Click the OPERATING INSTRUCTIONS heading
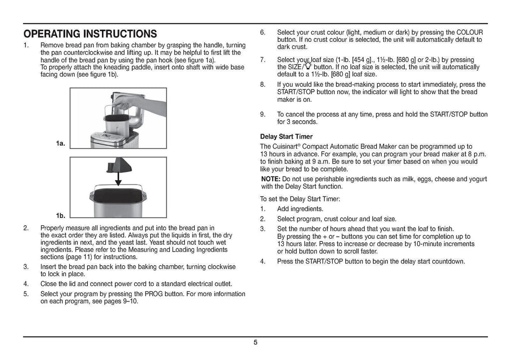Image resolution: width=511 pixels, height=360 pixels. pyautogui.click(x=90, y=34)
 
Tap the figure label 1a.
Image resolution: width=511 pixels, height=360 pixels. pyautogui.click(x=60, y=144)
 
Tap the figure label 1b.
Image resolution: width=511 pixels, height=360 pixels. pyautogui.click(x=60, y=215)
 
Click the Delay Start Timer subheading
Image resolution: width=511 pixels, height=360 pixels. pyautogui.click(x=286, y=137)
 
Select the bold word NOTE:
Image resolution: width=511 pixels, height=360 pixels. pyautogui.click(x=271, y=179)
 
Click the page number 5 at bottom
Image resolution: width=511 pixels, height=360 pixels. pyautogui.click(x=255, y=342)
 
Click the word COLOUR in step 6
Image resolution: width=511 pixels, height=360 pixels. pyautogui.click(x=470, y=32)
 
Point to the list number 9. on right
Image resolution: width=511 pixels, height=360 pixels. pyautogui.click(x=263, y=114)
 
